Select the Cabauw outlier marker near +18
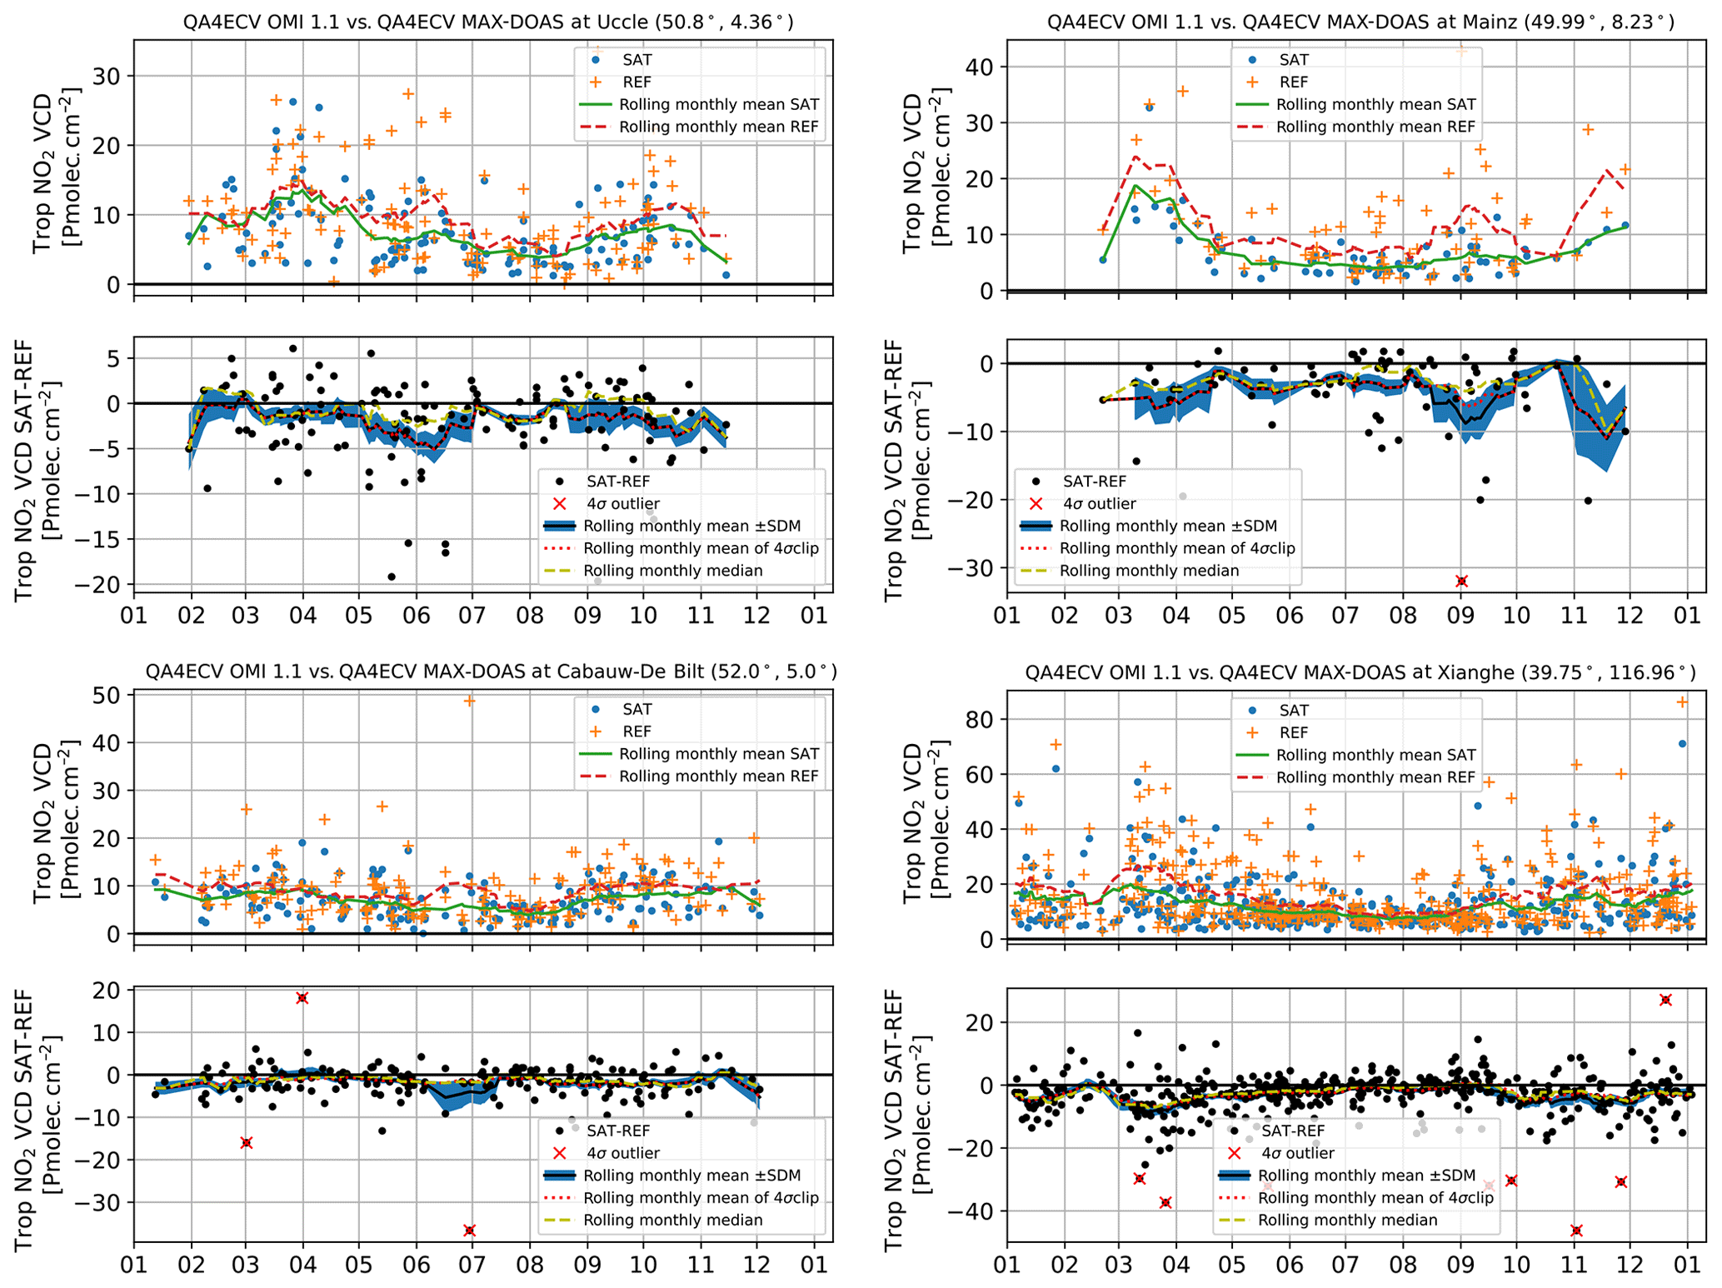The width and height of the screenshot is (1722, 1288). click(302, 998)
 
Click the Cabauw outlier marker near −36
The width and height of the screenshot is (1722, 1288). click(470, 1231)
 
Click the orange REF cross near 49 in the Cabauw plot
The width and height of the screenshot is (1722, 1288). click(470, 701)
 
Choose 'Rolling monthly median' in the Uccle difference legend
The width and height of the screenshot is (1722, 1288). click(672, 571)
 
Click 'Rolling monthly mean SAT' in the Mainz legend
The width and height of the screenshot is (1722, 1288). click(1375, 105)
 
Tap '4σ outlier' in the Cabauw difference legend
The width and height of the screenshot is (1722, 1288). click(623, 1153)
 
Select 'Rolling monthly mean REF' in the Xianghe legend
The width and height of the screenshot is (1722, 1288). click(1375, 777)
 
